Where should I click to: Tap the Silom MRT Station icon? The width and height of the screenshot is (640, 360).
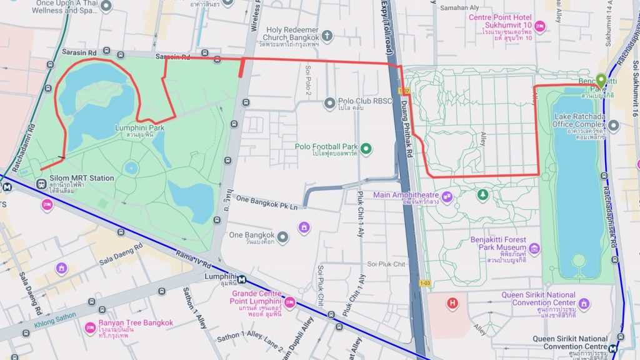42,184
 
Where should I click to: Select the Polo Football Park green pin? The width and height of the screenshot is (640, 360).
366,148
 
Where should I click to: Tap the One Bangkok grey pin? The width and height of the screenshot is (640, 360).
283,237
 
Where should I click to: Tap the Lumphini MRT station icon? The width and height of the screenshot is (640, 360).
241,279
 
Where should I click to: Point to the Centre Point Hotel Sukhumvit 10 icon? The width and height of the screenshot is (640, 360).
541,26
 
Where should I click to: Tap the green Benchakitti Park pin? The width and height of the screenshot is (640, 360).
601,80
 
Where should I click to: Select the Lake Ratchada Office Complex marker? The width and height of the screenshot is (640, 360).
613,126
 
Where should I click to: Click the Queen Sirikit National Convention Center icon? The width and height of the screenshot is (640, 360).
584,303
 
